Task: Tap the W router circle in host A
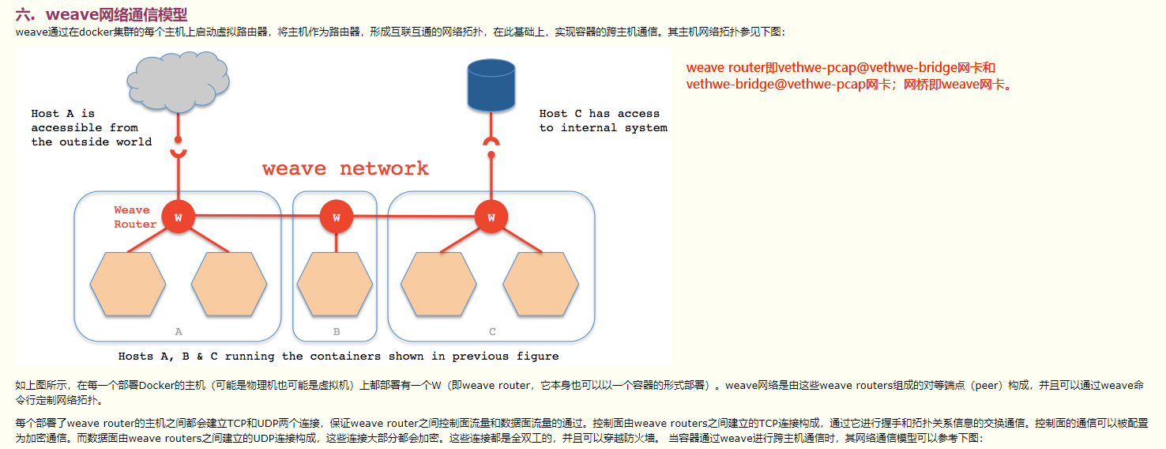[x=178, y=217]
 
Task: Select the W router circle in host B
[x=337, y=217]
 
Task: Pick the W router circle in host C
[x=491, y=217]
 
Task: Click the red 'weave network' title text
[x=345, y=168]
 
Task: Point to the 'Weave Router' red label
[x=135, y=217]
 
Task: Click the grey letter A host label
[x=179, y=332]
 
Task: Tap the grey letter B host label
[x=336, y=332]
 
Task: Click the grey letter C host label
[x=492, y=332]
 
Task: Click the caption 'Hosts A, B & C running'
[x=338, y=357]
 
